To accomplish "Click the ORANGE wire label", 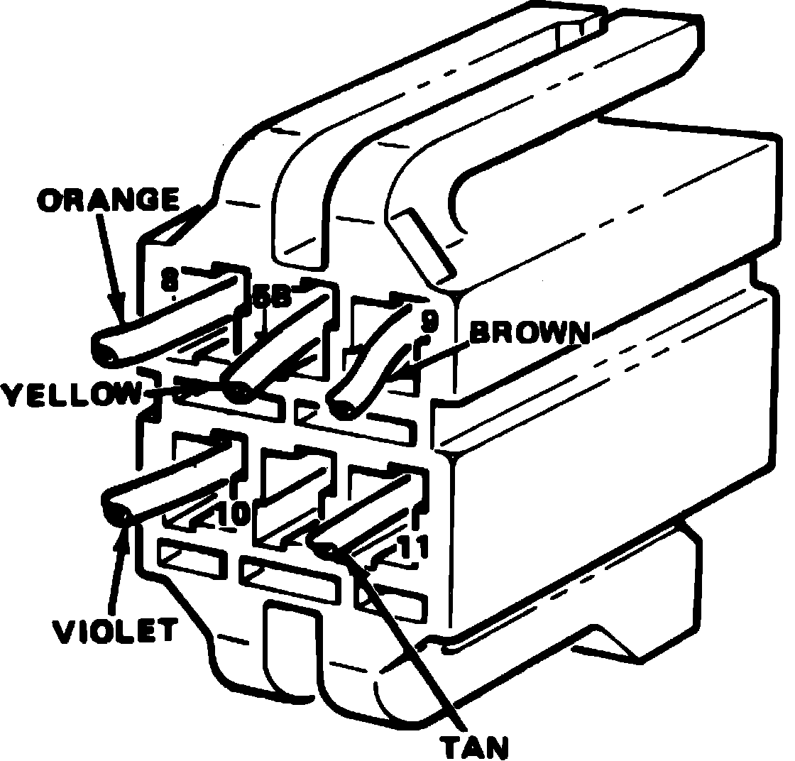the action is [x=108, y=201].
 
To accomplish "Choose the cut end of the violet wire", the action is [x=117, y=512].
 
